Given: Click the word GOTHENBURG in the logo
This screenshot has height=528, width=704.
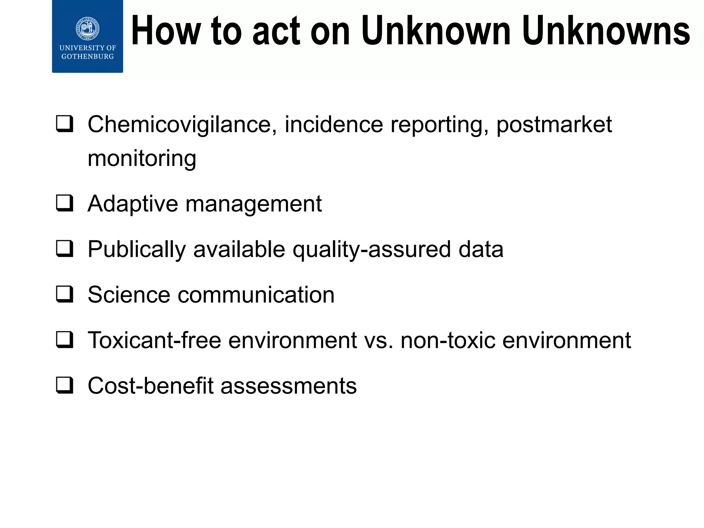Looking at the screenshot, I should coord(87,57).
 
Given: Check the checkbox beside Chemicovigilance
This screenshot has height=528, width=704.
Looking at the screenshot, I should coord(65,124).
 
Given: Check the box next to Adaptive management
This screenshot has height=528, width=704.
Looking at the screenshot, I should coord(65,203).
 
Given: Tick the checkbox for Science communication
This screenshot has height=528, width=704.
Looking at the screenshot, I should coord(65,295).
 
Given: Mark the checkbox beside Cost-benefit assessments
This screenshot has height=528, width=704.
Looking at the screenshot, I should coord(65,385).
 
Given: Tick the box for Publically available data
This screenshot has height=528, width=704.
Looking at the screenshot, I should coord(65,249).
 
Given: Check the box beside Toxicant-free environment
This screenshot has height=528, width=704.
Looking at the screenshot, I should coord(65,340).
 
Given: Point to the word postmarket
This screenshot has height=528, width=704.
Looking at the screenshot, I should coord(554,124).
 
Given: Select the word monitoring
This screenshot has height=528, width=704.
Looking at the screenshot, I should coord(142,158).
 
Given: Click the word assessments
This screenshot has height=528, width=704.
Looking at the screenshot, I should coord(288,386).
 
